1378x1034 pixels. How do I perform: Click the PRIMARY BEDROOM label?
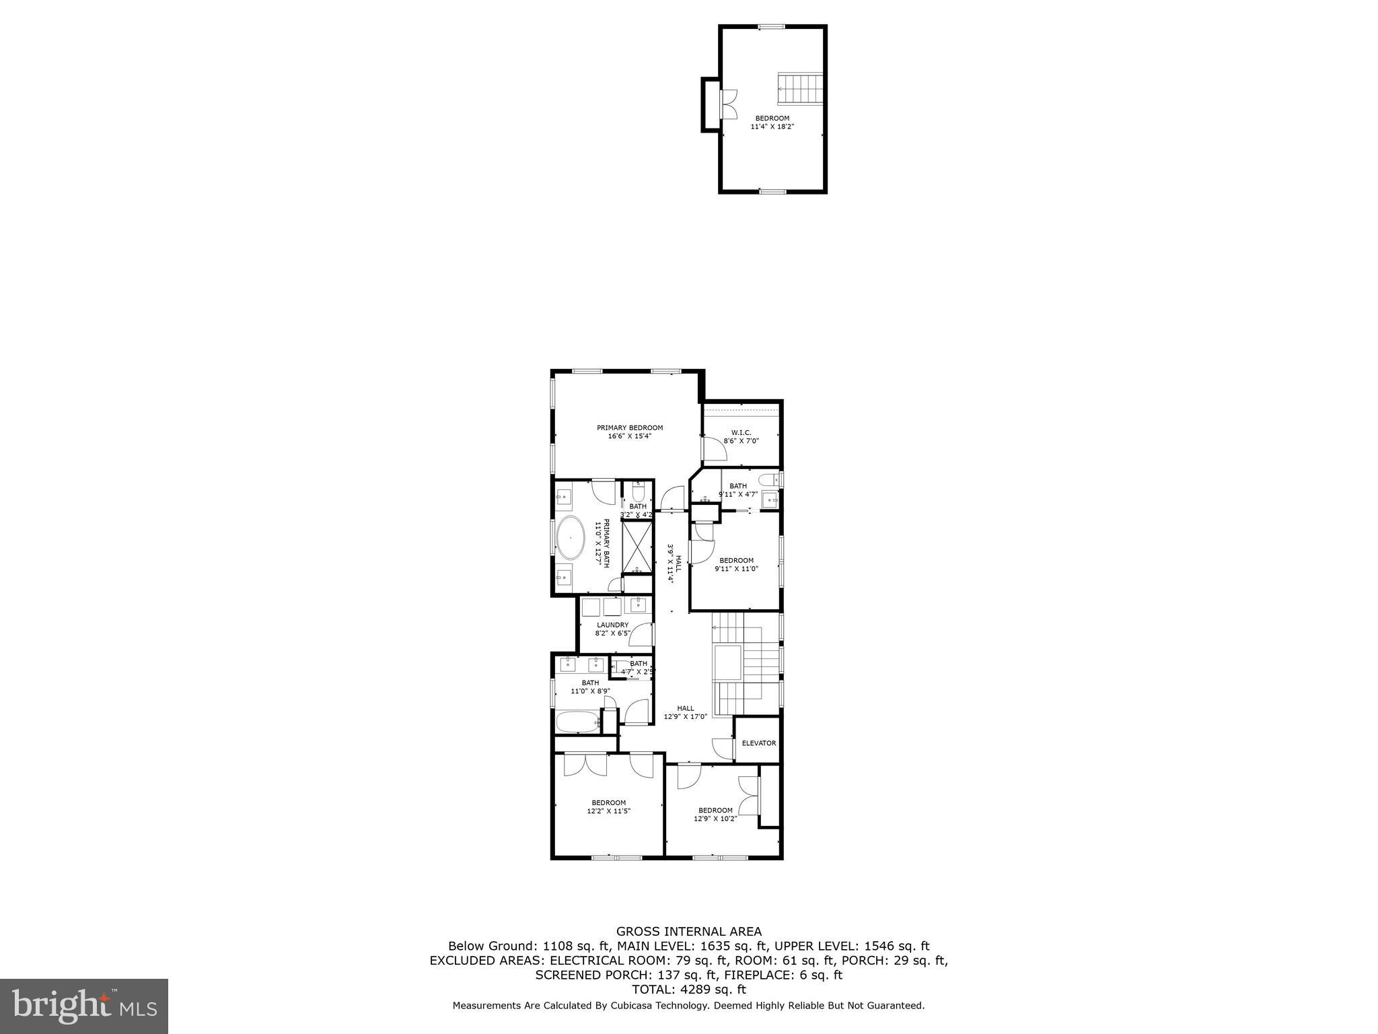coord(630,427)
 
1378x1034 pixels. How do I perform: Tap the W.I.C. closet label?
coord(741,432)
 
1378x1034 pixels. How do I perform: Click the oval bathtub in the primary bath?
coord(571,537)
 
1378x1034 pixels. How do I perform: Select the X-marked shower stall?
coord(637,546)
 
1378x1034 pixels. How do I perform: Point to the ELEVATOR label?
coord(758,743)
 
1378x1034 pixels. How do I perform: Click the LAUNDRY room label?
coord(612,625)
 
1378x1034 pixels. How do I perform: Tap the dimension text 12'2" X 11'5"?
coord(608,811)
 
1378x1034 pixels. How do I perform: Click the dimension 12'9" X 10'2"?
coord(715,819)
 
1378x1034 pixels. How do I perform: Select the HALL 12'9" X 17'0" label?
coord(686,712)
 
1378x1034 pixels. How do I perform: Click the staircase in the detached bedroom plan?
coord(801,89)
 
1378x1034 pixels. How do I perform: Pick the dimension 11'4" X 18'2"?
coord(772,127)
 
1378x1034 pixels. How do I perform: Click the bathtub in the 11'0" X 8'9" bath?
coord(577,723)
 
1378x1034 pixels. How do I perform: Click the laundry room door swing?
coord(643,635)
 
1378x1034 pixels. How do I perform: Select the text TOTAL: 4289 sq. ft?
coord(688,990)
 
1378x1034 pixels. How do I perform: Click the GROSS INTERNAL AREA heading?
coord(689,932)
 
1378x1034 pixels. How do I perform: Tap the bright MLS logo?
coord(84,1007)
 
